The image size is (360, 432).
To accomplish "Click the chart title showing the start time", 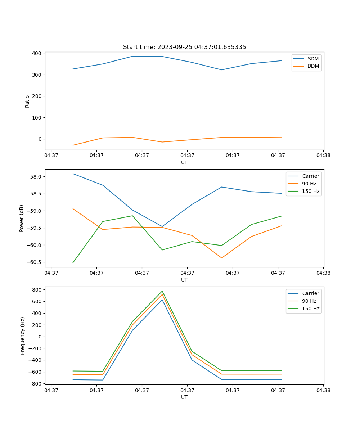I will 184,47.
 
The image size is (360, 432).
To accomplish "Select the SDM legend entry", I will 313,59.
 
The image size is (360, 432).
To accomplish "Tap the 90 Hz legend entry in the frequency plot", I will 309,301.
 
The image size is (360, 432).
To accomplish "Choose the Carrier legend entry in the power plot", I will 310,176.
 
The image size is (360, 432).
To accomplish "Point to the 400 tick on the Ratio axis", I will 37,53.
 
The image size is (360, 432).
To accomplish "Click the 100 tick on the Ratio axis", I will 37,118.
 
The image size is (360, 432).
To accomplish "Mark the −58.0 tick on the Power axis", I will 35,177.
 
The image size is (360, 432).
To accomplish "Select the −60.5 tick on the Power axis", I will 35,262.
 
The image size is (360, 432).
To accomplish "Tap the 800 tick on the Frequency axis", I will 37,289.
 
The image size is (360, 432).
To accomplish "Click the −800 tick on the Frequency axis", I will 36,384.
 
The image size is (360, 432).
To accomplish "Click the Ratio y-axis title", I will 27,101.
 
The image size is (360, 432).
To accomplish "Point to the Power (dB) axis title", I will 22,218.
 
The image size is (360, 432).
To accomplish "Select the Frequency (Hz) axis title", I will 23,336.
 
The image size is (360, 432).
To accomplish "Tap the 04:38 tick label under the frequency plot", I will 323,390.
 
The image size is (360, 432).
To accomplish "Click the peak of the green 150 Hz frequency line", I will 162,291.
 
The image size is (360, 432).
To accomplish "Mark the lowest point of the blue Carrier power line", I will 162,226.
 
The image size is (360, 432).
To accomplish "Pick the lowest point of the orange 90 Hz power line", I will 221,258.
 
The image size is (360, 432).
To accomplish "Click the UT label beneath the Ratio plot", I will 184,162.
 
